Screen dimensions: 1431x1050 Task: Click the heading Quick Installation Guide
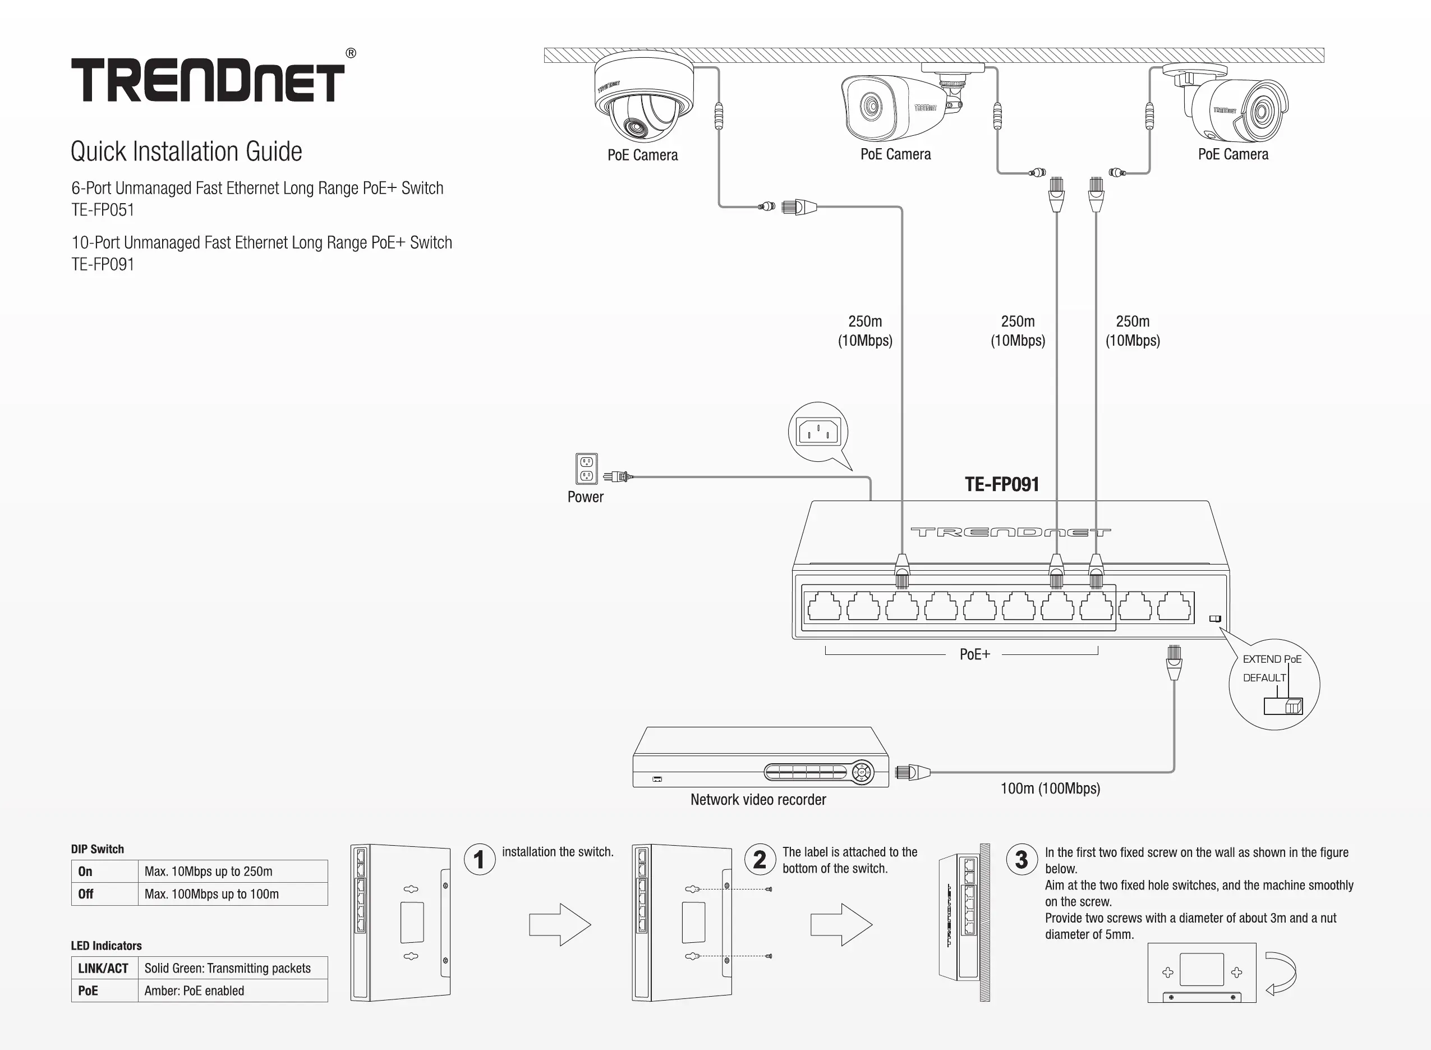click(186, 152)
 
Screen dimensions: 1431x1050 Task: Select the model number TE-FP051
click(103, 210)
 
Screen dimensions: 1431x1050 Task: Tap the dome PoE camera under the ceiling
click(644, 97)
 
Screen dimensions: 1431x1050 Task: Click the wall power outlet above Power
click(586, 469)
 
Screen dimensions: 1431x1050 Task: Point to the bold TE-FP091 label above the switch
click(1002, 484)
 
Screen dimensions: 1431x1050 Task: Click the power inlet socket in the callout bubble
click(818, 432)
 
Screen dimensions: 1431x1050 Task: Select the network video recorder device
click(761, 757)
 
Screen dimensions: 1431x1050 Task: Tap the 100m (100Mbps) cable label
click(1050, 788)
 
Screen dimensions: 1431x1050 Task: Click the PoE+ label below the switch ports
click(974, 654)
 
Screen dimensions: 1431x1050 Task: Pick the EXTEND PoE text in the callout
click(1272, 659)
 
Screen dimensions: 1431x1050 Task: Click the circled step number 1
click(480, 859)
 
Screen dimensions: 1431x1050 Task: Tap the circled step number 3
click(1022, 859)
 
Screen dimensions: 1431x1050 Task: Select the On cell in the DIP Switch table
click(105, 872)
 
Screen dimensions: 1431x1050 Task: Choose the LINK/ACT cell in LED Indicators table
click(105, 968)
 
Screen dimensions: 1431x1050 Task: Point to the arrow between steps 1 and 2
click(560, 925)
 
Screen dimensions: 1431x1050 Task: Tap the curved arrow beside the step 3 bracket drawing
click(1281, 973)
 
